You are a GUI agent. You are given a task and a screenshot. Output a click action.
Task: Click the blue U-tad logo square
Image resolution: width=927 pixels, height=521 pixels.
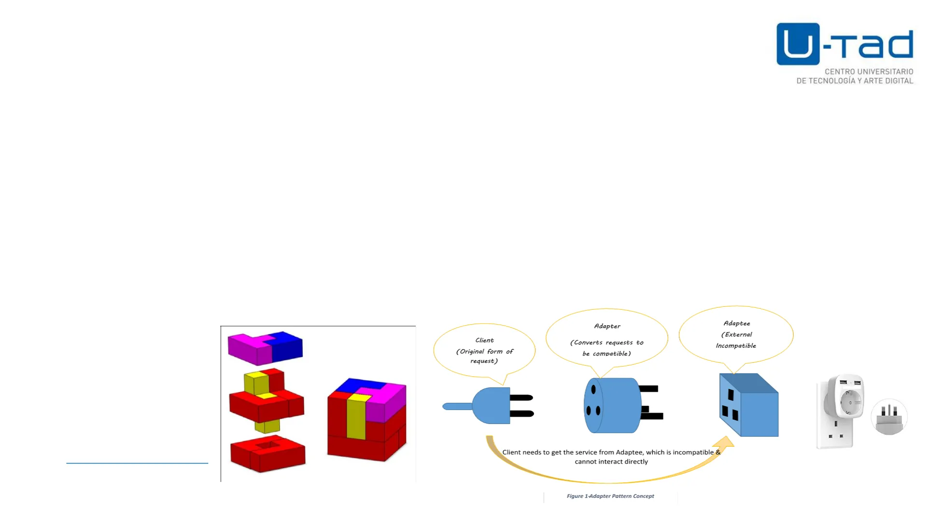(x=798, y=44)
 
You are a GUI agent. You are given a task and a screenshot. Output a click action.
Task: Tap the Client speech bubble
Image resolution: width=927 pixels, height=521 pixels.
(x=484, y=350)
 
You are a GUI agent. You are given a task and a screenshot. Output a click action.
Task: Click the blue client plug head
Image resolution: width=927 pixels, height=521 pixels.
(x=492, y=406)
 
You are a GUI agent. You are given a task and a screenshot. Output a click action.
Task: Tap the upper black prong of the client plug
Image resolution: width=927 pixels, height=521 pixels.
(x=521, y=398)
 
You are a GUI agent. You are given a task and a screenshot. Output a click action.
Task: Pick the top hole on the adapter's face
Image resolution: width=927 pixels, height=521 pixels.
(x=593, y=389)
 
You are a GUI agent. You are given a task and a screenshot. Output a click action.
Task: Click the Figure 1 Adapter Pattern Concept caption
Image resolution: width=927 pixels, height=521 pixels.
(x=610, y=496)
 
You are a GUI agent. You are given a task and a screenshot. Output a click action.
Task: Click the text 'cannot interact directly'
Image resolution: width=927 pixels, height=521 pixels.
(x=611, y=462)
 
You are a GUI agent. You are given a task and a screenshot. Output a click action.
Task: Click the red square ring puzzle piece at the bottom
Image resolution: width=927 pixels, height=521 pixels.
(x=267, y=453)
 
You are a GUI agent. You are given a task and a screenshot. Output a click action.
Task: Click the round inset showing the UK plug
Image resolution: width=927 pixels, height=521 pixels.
(x=889, y=417)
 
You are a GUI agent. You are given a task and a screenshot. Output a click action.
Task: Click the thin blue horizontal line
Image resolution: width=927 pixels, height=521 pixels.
(x=137, y=463)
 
